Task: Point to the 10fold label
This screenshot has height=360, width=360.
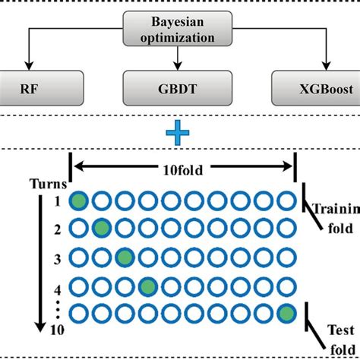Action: pyautogui.click(x=182, y=170)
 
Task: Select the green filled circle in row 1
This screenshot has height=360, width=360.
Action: pyautogui.click(x=78, y=201)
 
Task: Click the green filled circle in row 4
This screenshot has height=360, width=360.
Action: pyautogui.click(x=147, y=286)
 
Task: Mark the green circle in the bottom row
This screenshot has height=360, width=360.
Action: pyautogui.click(x=286, y=313)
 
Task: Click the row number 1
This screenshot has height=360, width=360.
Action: pyautogui.click(x=56, y=201)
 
